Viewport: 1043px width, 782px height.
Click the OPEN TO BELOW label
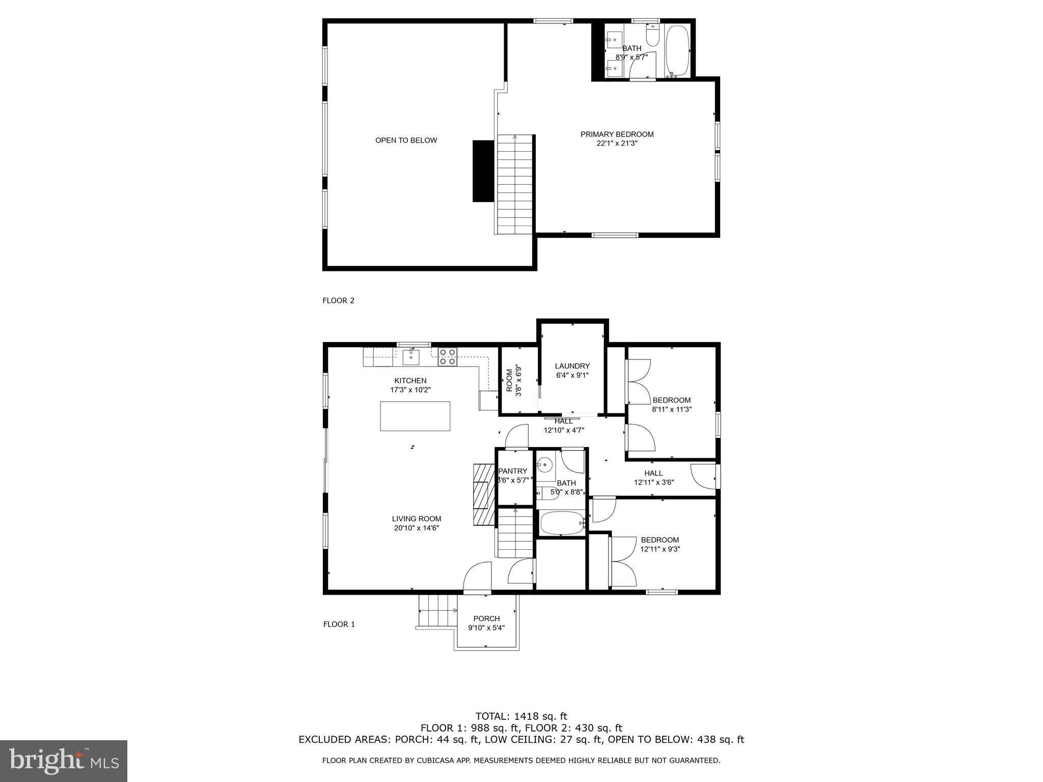pyautogui.click(x=406, y=141)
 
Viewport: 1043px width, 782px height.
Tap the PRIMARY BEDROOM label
pyautogui.click(x=617, y=134)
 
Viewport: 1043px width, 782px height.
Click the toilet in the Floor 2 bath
pyautogui.click(x=652, y=36)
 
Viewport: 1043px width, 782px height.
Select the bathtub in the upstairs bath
pyautogui.click(x=677, y=51)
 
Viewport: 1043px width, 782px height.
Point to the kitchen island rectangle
pyautogui.click(x=415, y=416)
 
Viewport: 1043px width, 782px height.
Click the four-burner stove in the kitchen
pyautogui.click(x=448, y=357)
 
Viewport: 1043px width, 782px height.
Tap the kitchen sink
pyautogui.click(x=411, y=357)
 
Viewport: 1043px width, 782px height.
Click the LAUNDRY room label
pyautogui.click(x=572, y=366)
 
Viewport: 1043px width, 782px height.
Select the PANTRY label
pyautogui.click(x=512, y=471)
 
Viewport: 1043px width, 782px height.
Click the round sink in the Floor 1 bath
pyautogui.click(x=545, y=465)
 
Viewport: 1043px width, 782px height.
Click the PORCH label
pyautogui.click(x=486, y=619)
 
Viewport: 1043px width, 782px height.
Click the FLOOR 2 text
pyautogui.click(x=338, y=300)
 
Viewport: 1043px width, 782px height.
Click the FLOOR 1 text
pyautogui.click(x=339, y=624)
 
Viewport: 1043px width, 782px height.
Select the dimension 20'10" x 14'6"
pyautogui.click(x=416, y=528)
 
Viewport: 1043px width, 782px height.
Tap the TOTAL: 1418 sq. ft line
pyautogui.click(x=521, y=716)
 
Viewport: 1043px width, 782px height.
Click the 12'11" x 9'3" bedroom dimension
pyautogui.click(x=660, y=549)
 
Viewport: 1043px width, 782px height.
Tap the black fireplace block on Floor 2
pyautogui.click(x=483, y=171)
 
